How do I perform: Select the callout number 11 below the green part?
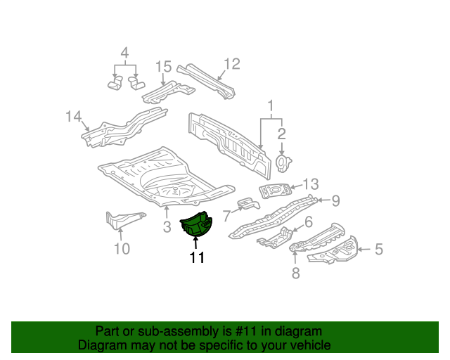coord(196,258)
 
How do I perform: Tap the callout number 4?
coord(124,53)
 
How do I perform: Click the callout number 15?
coord(163,67)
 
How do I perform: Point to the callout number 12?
coord(231,64)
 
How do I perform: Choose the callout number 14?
coord(74,117)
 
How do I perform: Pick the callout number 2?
coord(281,134)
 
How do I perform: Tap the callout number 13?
coord(311,184)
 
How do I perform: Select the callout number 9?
coord(335,200)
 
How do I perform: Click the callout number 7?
coord(227,216)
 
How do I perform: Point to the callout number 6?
coord(307,223)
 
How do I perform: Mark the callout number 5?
coord(378,248)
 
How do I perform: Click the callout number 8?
coord(295,274)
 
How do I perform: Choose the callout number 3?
coord(167,226)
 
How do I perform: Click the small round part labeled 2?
coord(283,162)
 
